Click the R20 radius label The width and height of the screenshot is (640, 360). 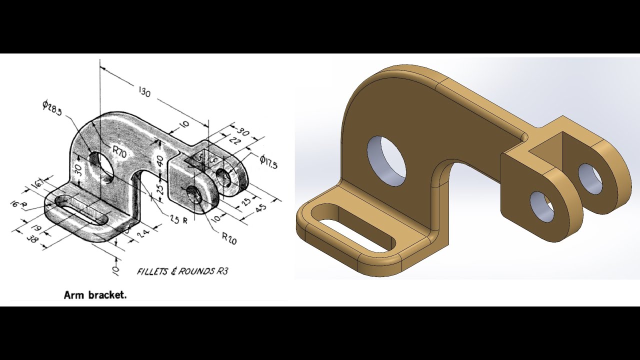[x=229, y=239]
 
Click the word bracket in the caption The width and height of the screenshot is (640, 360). [x=109, y=295]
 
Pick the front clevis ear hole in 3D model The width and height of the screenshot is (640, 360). [x=541, y=206]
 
